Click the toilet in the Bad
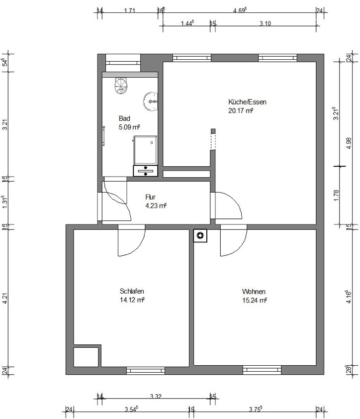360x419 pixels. pyautogui.click(x=121, y=85)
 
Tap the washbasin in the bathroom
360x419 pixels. pyautogui.click(x=151, y=102)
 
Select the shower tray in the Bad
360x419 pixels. pyautogui.click(x=145, y=150)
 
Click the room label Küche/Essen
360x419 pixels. pyautogui.click(x=247, y=102)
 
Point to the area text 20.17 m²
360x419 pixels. pyautogui.click(x=240, y=110)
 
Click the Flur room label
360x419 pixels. pyautogui.click(x=150, y=197)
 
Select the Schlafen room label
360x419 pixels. pyautogui.click(x=132, y=291)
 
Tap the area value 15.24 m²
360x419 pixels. pyautogui.click(x=255, y=301)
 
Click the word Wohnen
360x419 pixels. pyautogui.click(x=254, y=292)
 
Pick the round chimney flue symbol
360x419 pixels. pyautogui.click(x=200, y=235)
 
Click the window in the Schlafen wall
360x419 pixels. pyautogui.click(x=146, y=370)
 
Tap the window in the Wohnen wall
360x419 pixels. pyautogui.click(x=262, y=370)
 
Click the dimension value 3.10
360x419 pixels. pyautogui.click(x=265, y=23)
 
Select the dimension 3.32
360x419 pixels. pyautogui.click(x=156, y=396)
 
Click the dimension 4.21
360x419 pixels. pyautogui.click(x=5, y=298)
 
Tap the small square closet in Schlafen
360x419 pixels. pyautogui.click(x=86, y=357)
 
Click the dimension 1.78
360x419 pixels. pyautogui.click(x=336, y=195)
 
